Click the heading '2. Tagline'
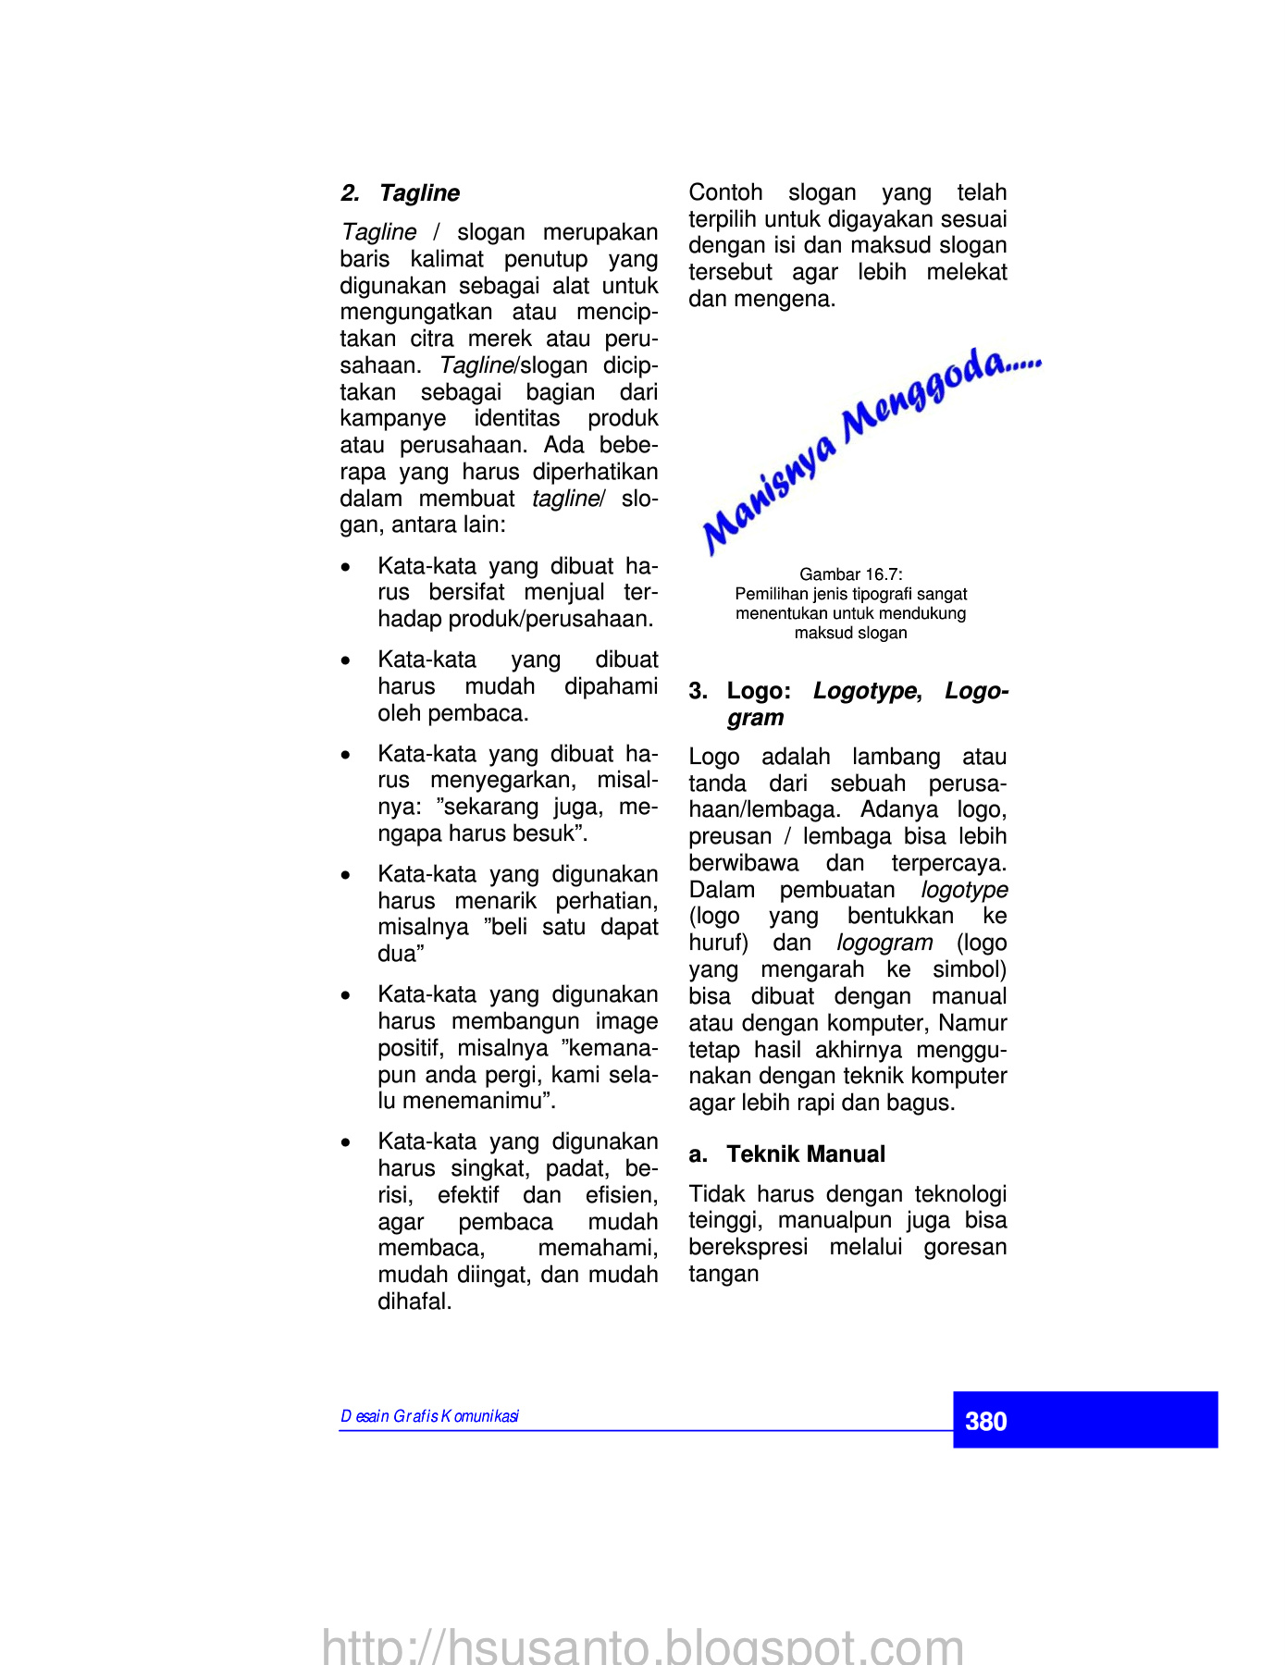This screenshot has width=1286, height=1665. (400, 193)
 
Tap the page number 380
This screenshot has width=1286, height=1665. (985, 1422)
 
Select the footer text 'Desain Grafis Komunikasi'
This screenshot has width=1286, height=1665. (429, 1416)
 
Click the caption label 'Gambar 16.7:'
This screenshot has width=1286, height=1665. (851, 574)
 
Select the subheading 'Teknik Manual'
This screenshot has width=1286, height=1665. (805, 1154)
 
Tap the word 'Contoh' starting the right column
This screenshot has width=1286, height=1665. (725, 192)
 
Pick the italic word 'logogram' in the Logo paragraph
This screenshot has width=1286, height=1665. (884, 943)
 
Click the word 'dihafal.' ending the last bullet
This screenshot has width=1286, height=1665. (414, 1301)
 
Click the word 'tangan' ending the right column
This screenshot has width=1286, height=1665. (723, 1274)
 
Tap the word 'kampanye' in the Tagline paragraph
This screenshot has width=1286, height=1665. (392, 418)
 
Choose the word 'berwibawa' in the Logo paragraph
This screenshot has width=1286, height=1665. (743, 863)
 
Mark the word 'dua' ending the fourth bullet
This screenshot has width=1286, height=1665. (398, 954)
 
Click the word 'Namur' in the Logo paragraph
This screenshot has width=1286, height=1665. (972, 1023)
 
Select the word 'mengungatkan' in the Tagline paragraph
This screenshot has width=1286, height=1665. (416, 312)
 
